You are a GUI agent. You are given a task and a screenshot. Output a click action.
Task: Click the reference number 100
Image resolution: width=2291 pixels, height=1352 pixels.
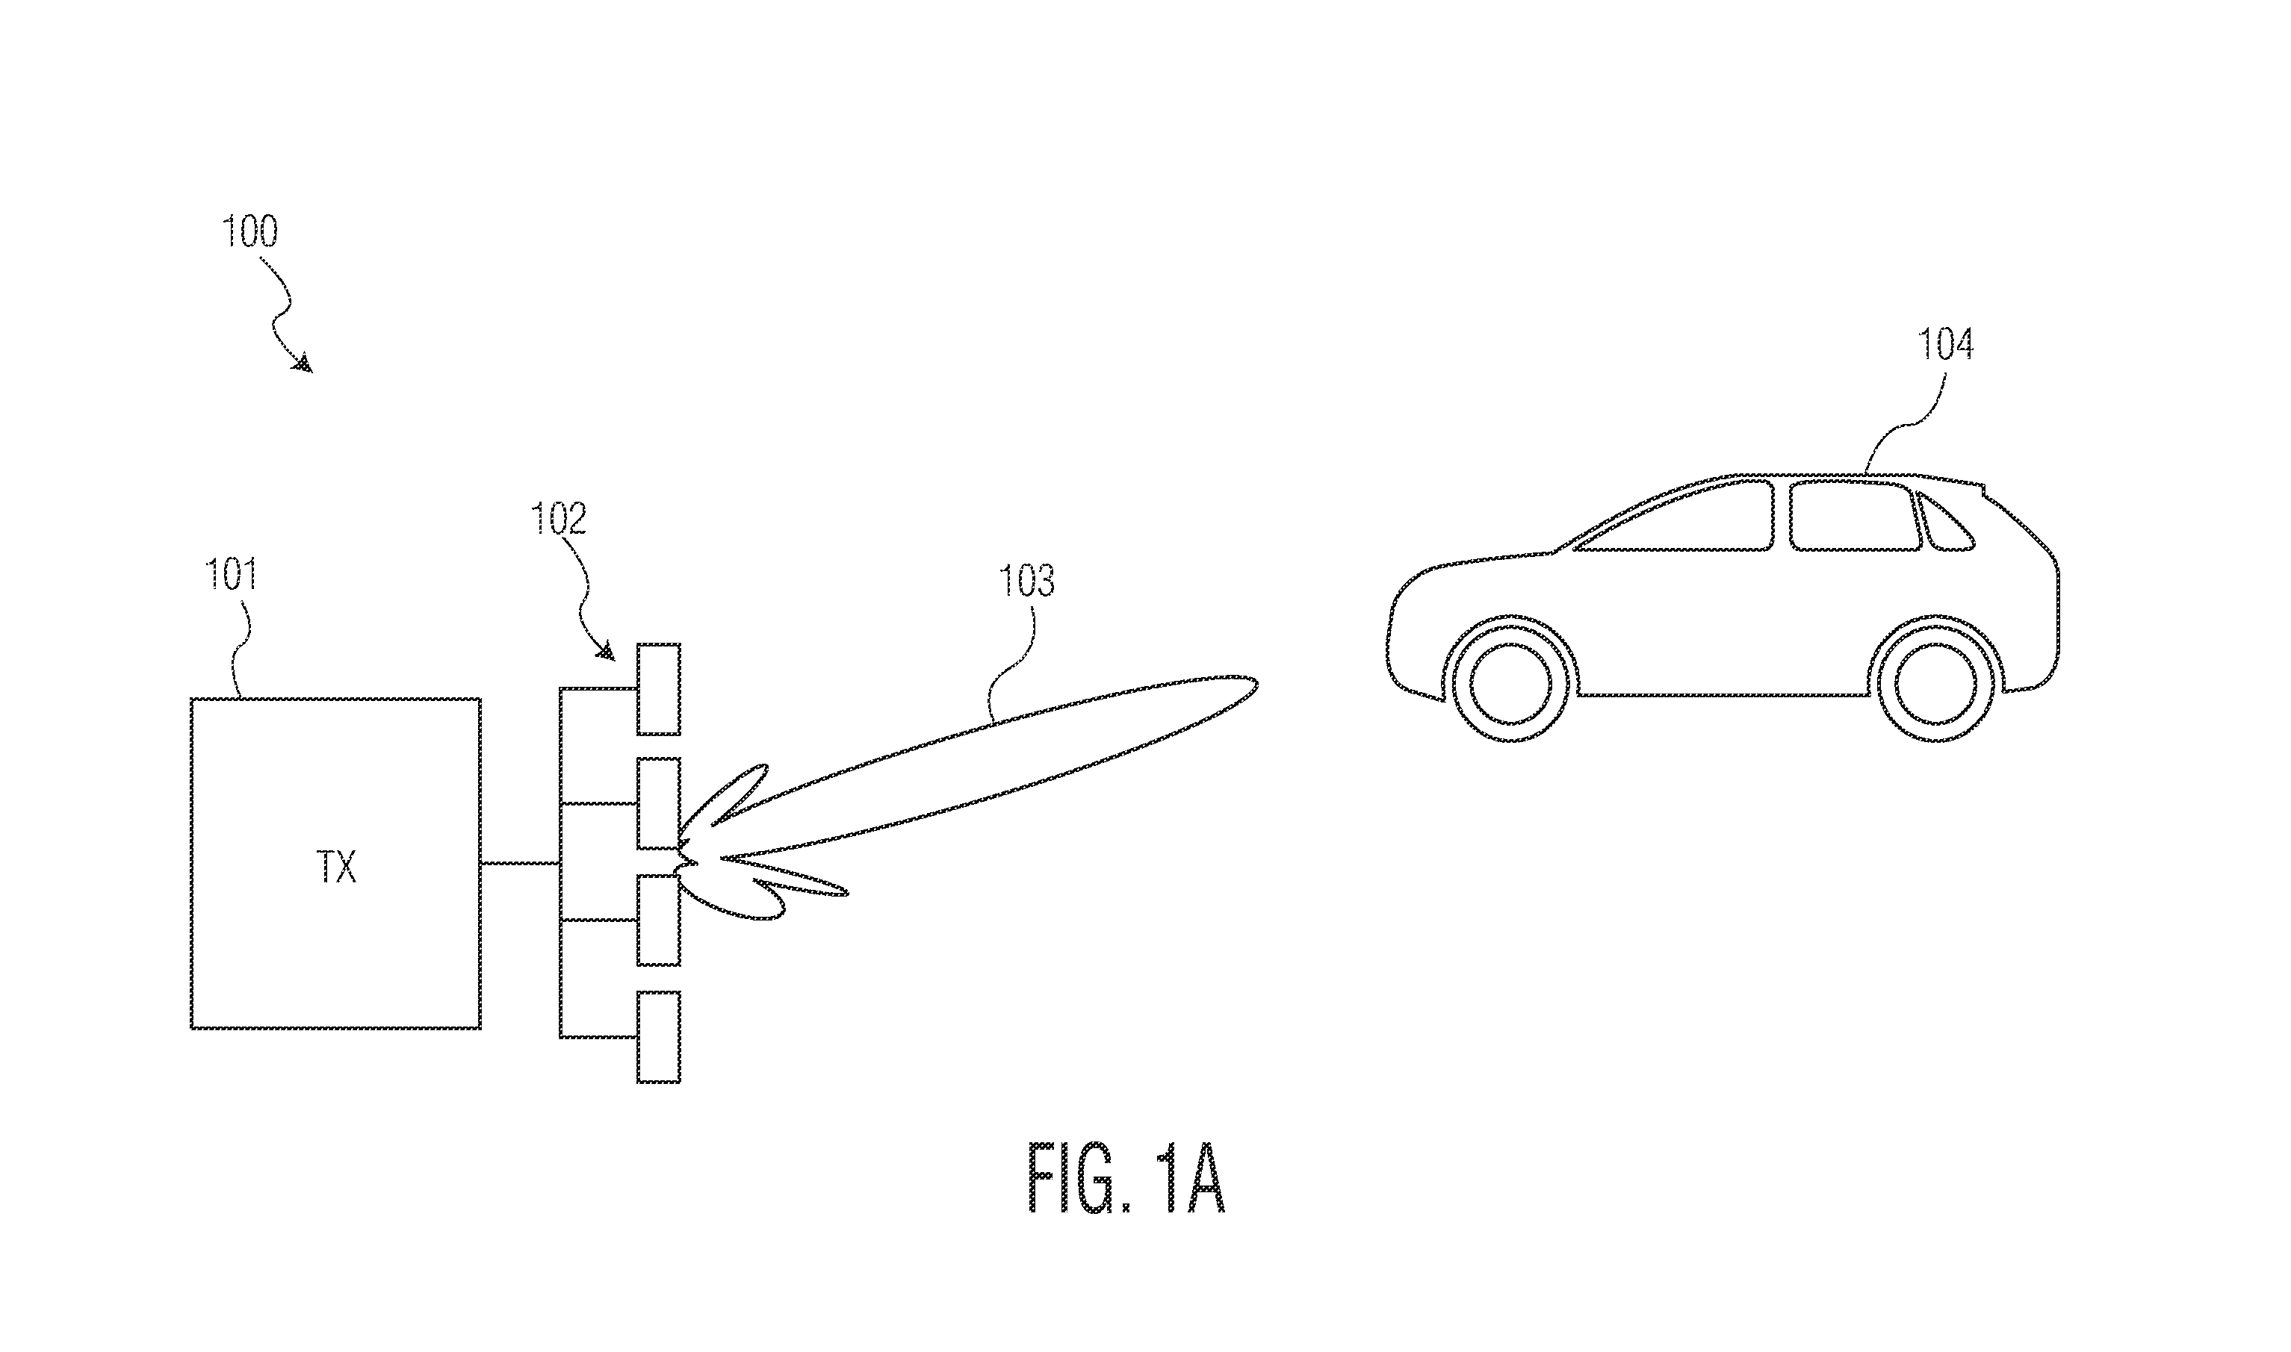[250, 231]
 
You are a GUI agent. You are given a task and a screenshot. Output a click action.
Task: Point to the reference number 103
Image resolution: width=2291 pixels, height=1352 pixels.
[1027, 582]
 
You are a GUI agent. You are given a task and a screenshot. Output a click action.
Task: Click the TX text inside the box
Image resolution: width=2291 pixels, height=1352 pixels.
[336, 867]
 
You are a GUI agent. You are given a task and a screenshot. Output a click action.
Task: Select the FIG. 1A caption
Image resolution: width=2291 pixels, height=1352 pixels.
[1126, 1178]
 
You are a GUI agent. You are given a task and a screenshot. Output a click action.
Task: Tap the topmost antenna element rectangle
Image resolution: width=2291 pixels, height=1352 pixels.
[658, 689]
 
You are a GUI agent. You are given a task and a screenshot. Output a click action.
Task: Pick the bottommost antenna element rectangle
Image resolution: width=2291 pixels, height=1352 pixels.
[658, 1037]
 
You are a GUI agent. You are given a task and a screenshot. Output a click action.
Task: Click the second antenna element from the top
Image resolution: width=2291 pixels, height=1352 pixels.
[658, 803]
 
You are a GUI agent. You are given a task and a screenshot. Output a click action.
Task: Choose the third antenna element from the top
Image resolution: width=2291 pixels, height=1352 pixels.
[658, 920]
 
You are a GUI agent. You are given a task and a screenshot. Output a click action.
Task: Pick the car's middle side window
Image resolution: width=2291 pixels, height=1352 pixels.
[1855, 516]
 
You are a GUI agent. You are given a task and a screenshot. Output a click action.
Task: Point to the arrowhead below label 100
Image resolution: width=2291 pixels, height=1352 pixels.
[303, 363]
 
